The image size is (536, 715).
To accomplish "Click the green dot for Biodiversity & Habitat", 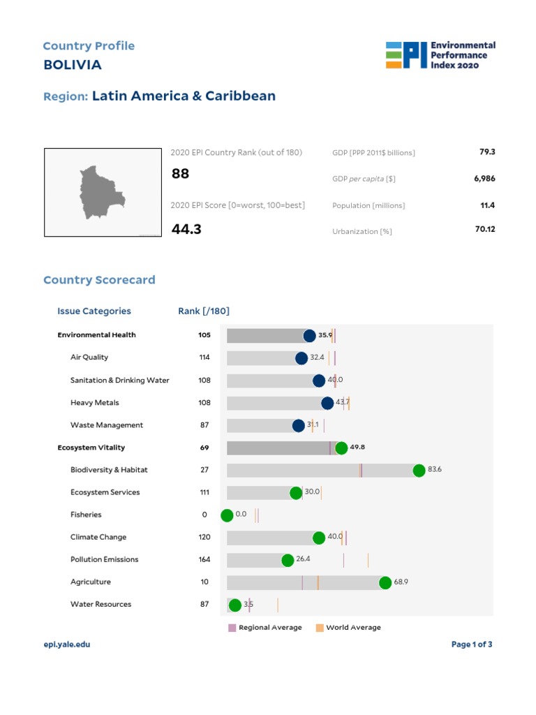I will pyautogui.click(x=419, y=471).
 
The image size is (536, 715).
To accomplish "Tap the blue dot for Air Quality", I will pyautogui.click(x=301, y=358).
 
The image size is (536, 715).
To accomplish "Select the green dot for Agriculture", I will pyautogui.click(x=385, y=583).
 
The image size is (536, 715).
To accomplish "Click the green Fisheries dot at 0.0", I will pyautogui.click(x=227, y=515).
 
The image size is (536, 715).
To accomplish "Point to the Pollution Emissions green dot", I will pyautogui.click(x=288, y=560).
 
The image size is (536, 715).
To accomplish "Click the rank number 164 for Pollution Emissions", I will pyautogui.click(x=204, y=559).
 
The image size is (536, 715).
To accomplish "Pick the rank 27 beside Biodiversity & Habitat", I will pyautogui.click(x=204, y=470).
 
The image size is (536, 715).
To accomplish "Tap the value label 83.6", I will pyautogui.click(x=435, y=469).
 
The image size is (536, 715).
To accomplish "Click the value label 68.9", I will pyautogui.click(x=401, y=582).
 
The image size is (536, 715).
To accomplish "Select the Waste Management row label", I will pyautogui.click(x=107, y=425).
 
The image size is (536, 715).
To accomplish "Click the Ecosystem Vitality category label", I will pyautogui.click(x=91, y=448).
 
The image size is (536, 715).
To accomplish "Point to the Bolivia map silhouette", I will pyautogui.click(x=100, y=193).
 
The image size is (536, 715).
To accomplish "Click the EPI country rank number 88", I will pyautogui.click(x=180, y=174).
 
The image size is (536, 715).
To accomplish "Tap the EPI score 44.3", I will pyautogui.click(x=186, y=228).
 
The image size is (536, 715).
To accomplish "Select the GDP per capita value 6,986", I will pyautogui.click(x=484, y=179).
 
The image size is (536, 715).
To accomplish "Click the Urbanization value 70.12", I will pyautogui.click(x=485, y=229).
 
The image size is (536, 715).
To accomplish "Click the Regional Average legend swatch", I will pyautogui.click(x=232, y=628).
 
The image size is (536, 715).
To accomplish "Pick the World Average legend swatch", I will pyautogui.click(x=320, y=628).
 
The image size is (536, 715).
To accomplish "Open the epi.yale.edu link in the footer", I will pyautogui.click(x=67, y=644).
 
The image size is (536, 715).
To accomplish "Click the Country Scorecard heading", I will pyautogui.click(x=99, y=280).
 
